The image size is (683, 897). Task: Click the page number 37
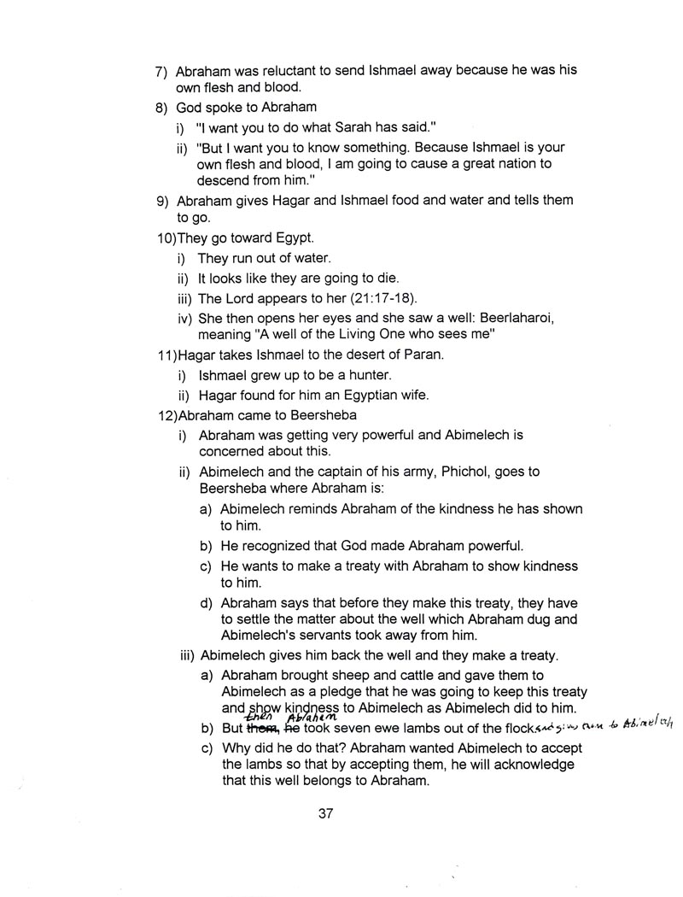(x=325, y=813)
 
